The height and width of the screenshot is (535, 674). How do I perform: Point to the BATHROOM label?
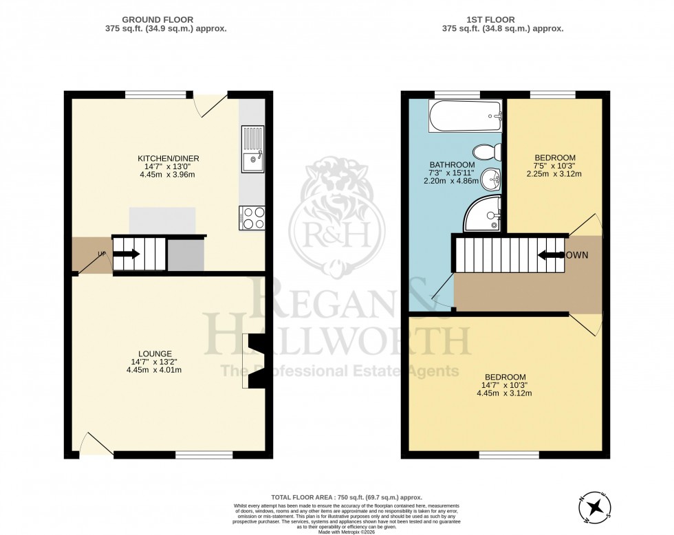point(452,165)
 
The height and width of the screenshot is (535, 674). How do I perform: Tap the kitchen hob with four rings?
point(251,218)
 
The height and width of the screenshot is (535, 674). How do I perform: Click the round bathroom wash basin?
point(489,180)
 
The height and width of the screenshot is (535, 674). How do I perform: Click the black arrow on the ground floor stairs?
point(127,254)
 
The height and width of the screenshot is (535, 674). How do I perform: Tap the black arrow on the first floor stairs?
point(550,255)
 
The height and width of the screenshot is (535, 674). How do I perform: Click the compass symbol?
point(595,507)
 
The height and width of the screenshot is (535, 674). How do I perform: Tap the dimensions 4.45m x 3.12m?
point(505,393)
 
